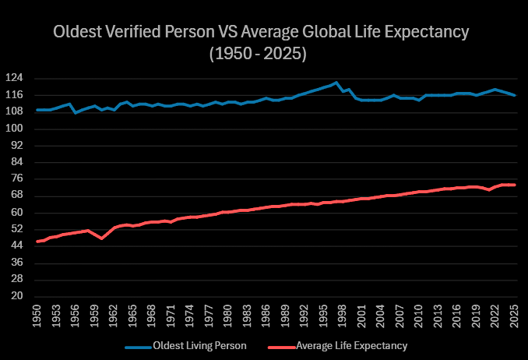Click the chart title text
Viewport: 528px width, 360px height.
(262, 33)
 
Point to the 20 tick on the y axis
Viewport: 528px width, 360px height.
(21, 297)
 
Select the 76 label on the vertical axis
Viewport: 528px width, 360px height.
(21, 179)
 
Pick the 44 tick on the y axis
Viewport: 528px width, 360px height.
(21, 246)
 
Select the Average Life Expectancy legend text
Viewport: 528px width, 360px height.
(353, 345)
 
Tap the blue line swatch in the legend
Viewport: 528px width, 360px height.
(137, 345)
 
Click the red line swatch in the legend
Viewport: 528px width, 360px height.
(282, 345)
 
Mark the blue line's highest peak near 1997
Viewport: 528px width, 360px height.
(336, 82)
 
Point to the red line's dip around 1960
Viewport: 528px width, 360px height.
(101, 238)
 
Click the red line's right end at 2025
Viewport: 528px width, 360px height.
(514, 185)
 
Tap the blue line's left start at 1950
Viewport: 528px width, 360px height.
(37, 110)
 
